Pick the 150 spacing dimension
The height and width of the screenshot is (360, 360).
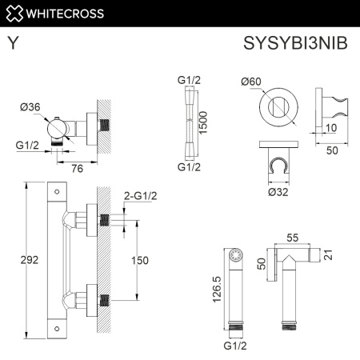click(x=141, y=259)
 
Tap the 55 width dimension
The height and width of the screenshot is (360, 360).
click(x=292, y=238)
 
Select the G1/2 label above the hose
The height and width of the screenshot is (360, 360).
click(x=189, y=80)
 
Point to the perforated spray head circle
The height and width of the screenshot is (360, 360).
click(x=234, y=257)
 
